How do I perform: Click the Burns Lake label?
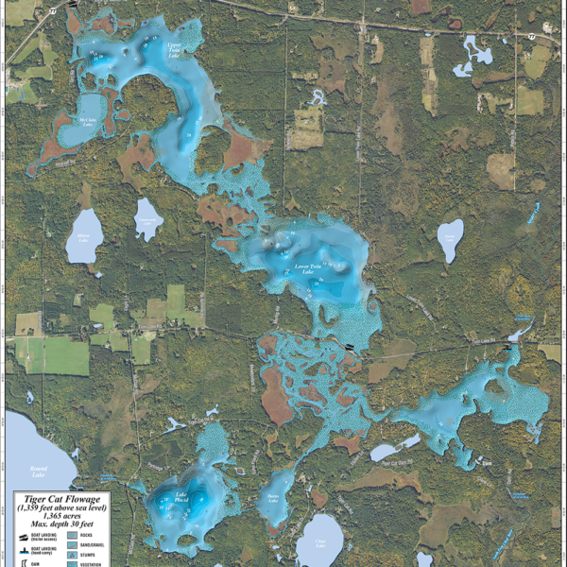coord(275,498)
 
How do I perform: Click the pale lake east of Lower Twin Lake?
coord(451,241)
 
